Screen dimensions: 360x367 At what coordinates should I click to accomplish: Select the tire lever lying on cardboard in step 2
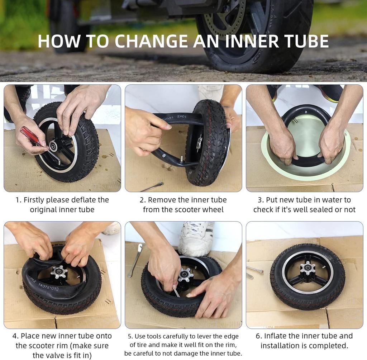pos(152,187)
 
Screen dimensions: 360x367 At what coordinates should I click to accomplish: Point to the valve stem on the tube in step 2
pos(182,158)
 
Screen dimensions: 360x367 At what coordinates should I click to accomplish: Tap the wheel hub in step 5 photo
pos(186,275)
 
